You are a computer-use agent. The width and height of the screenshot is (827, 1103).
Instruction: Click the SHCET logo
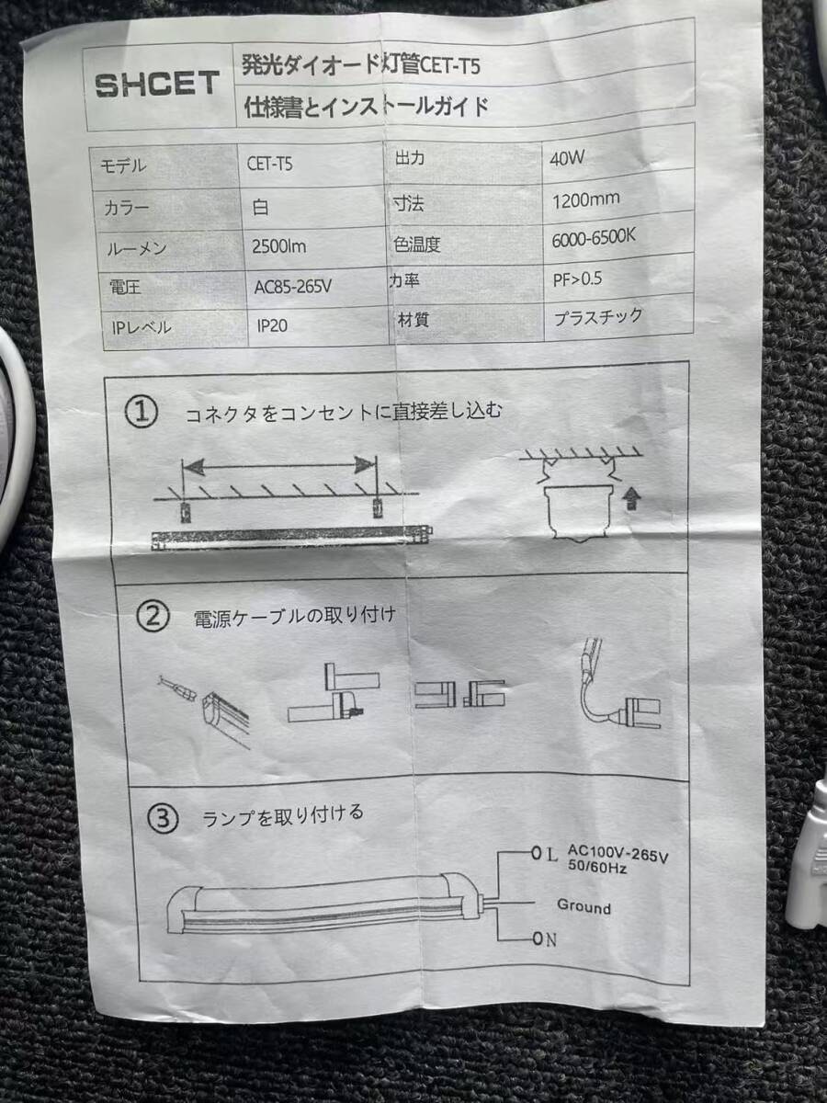point(157,85)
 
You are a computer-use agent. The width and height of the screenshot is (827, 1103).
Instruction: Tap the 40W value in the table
point(567,159)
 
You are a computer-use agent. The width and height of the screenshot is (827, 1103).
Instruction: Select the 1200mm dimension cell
point(586,200)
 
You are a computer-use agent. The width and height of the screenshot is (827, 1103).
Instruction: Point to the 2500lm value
point(279,246)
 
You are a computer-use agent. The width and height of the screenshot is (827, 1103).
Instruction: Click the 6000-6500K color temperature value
point(594,238)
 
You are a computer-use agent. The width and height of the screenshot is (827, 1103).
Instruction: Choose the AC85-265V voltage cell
point(293,287)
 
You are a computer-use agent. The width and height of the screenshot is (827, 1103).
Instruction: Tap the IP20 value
point(272,326)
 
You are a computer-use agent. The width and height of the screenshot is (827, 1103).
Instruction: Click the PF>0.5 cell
point(577,279)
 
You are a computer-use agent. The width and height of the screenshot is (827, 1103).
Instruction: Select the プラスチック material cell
point(598,317)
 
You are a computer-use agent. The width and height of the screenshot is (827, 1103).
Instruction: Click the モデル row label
point(123,165)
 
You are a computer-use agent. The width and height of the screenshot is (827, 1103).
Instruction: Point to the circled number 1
point(142,412)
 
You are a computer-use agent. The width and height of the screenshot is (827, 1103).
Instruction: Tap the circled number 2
point(153,617)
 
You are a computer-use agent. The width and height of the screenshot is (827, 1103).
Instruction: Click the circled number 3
point(163,819)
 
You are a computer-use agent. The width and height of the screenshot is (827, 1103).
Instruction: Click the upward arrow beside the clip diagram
point(631,500)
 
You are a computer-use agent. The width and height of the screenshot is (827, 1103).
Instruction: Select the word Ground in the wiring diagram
point(584,906)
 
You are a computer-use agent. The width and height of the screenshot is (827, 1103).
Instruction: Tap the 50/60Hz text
point(597,867)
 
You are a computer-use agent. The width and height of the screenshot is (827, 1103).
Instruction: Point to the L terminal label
point(551,854)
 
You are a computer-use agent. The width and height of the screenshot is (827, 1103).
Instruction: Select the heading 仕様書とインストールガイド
point(367,107)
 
